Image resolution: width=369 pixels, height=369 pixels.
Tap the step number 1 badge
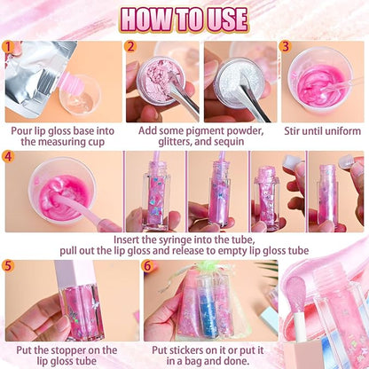(9, 46)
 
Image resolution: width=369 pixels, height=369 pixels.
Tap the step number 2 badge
(130, 46)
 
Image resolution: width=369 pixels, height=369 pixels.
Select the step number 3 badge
(285, 46)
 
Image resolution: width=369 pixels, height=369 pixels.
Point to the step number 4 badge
(9, 157)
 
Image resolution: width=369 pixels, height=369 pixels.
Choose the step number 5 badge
(9, 265)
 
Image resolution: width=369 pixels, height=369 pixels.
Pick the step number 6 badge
(148, 265)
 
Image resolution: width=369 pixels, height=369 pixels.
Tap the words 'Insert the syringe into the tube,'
(184, 239)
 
